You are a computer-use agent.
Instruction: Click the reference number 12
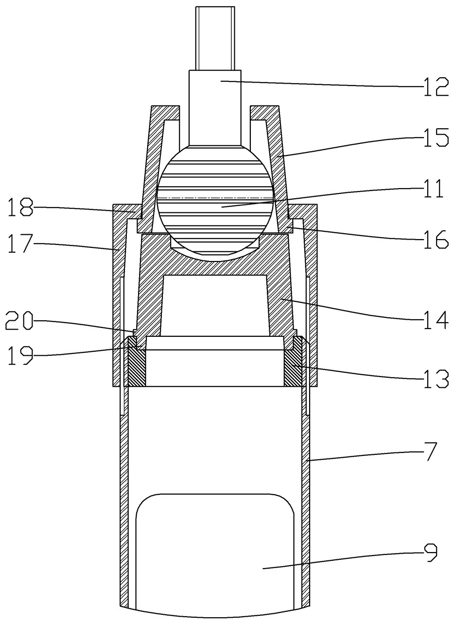pos(436,87)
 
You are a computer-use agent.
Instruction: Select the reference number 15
pos(436,138)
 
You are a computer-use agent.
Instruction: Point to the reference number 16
pos(436,239)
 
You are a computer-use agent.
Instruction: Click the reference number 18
pos(20,207)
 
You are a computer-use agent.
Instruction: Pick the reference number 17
pos(20,243)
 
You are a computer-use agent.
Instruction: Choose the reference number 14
pos(436,320)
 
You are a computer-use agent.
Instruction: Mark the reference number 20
pos(19,321)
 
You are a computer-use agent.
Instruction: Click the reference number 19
pos(20,355)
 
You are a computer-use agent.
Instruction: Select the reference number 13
pos(436,378)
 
